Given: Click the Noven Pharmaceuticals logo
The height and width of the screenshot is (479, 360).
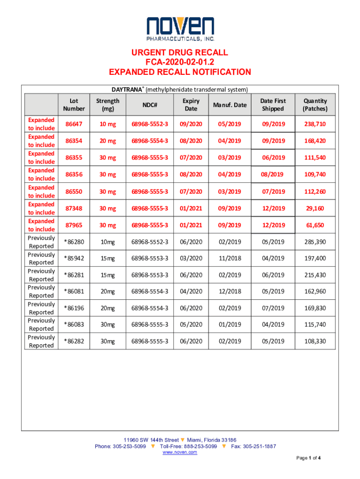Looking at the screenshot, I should (x=180, y=29).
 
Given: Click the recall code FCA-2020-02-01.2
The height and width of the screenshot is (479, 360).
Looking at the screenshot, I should (x=180, y=62).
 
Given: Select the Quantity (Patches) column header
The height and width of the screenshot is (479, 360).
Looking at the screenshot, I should (x=315, y=105).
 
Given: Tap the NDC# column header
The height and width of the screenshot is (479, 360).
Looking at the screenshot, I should (x=150, y=105).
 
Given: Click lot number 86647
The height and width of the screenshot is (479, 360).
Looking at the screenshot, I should (x=74, y=124).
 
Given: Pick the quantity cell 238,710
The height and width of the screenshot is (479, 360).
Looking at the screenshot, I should (x=315, y=124).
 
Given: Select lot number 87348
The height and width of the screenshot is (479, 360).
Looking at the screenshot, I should (x=74, y=208).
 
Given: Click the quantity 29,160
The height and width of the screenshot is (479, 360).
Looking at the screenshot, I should (x=315, y=208).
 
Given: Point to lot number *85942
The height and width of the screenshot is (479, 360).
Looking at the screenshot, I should (x=74, y=258).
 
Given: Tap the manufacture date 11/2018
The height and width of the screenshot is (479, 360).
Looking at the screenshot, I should (x=230, y=258).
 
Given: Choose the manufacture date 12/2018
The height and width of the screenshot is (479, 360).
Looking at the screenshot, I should (x=230, y=291).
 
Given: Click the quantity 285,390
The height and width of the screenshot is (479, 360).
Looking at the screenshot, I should (x=315, y=242).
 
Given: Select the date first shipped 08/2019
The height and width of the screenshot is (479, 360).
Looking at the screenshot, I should (x=273, y=174).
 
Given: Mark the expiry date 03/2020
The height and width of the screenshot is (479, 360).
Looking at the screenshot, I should (x=191, y=258).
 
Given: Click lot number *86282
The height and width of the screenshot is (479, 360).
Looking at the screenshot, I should (x=74, y=341).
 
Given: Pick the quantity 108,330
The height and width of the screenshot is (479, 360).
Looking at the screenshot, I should (x=315, y=341).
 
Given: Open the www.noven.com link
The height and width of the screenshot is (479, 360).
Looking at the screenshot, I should (x=180, y=452).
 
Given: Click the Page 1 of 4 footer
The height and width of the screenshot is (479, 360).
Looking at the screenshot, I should (x=308, y=457).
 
